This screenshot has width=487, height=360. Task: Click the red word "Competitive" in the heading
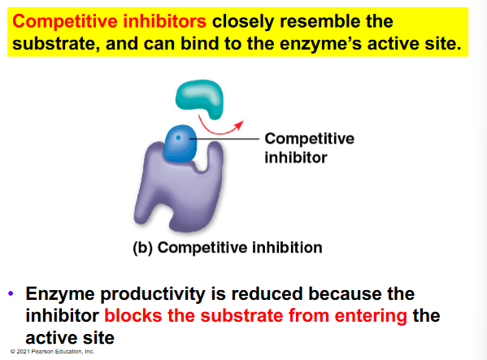coord(65,22)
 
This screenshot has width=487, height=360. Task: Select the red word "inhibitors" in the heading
coord(164,21)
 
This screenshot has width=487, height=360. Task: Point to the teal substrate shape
coord(199,97)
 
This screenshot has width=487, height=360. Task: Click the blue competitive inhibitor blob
coord(180,143)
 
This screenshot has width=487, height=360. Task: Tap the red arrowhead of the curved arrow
coord(240,125)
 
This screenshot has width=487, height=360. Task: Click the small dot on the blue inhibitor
coord(178,137)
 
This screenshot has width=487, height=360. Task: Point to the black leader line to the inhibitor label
coord(224,139)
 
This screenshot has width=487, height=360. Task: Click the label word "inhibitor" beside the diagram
coord(296,158)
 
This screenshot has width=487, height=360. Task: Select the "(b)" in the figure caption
coord(142,248)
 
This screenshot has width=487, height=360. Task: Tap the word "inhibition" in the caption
coord(287,247)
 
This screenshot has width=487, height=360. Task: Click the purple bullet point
coord(11,293)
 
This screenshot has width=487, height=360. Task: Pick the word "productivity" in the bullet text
coord(153,294)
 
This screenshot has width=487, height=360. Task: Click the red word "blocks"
coord(133,315)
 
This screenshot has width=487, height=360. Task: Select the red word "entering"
coord(371,316)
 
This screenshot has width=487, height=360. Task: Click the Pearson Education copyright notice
coord(52,352)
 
